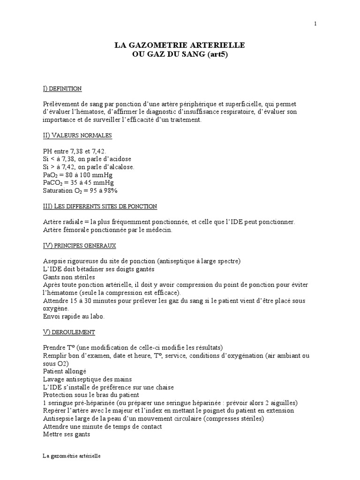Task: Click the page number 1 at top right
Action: tap(315, 24)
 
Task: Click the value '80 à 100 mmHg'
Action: tap(91, 174)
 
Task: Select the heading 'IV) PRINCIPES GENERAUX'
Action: tap(79, 246)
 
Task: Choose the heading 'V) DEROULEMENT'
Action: tap(68, 332)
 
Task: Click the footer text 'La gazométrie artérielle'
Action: tap(71, 456)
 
